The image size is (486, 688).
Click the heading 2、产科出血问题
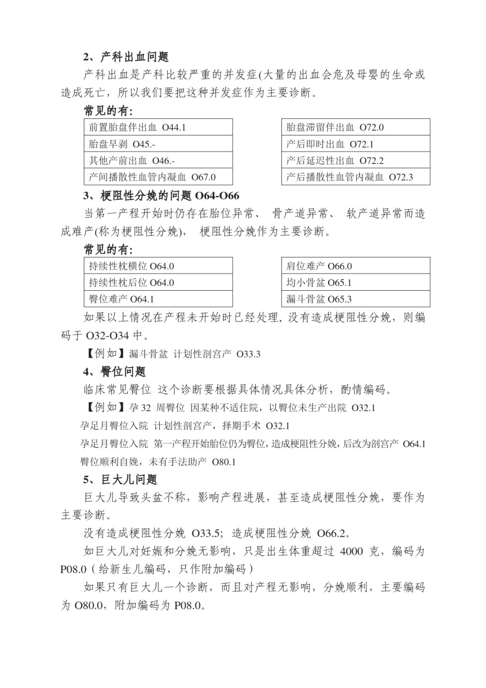click(126, 57)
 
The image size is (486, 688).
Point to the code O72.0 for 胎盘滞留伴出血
click(372, 127)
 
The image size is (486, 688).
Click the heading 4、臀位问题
click(114, 371)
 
